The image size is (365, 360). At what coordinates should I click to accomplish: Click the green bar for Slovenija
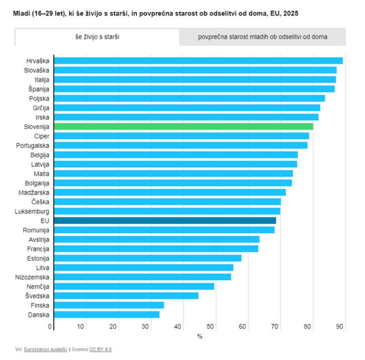tap(183, 126)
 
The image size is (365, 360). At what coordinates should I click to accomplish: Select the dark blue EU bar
tap(165, 220)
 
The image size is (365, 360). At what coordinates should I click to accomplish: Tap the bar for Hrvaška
tap(198, 61)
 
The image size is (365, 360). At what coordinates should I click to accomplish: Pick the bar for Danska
tap(106, 315)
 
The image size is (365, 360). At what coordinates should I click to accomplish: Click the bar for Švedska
tap(126, 296)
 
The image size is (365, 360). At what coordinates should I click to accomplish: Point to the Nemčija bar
tap(134, 286)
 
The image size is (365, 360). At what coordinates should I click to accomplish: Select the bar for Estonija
tap(148, 258)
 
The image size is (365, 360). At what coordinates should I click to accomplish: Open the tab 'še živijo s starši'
tap(97, 37)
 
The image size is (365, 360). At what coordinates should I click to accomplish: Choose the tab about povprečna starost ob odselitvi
tap(262, 37)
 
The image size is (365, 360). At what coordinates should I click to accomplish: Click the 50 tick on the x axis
tap(210, 326)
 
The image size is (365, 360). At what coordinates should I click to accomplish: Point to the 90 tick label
tap(339, 326)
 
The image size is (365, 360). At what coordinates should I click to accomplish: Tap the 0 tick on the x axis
tap(50, 326)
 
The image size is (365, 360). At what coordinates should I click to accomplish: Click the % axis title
tap(200, 336)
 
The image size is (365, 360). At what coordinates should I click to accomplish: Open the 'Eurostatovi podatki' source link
tap(46, 349)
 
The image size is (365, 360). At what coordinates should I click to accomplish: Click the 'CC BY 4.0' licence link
tap(101, 349)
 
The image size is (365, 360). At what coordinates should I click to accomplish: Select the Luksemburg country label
tap(32, 211)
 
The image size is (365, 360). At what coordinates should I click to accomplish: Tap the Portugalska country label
tap(33, 146)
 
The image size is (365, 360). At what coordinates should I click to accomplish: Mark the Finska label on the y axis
tap(40, 305)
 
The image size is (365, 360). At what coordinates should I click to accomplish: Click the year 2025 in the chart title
tap(291, 13)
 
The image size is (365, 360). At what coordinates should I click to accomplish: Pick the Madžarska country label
tap(34, 192)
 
